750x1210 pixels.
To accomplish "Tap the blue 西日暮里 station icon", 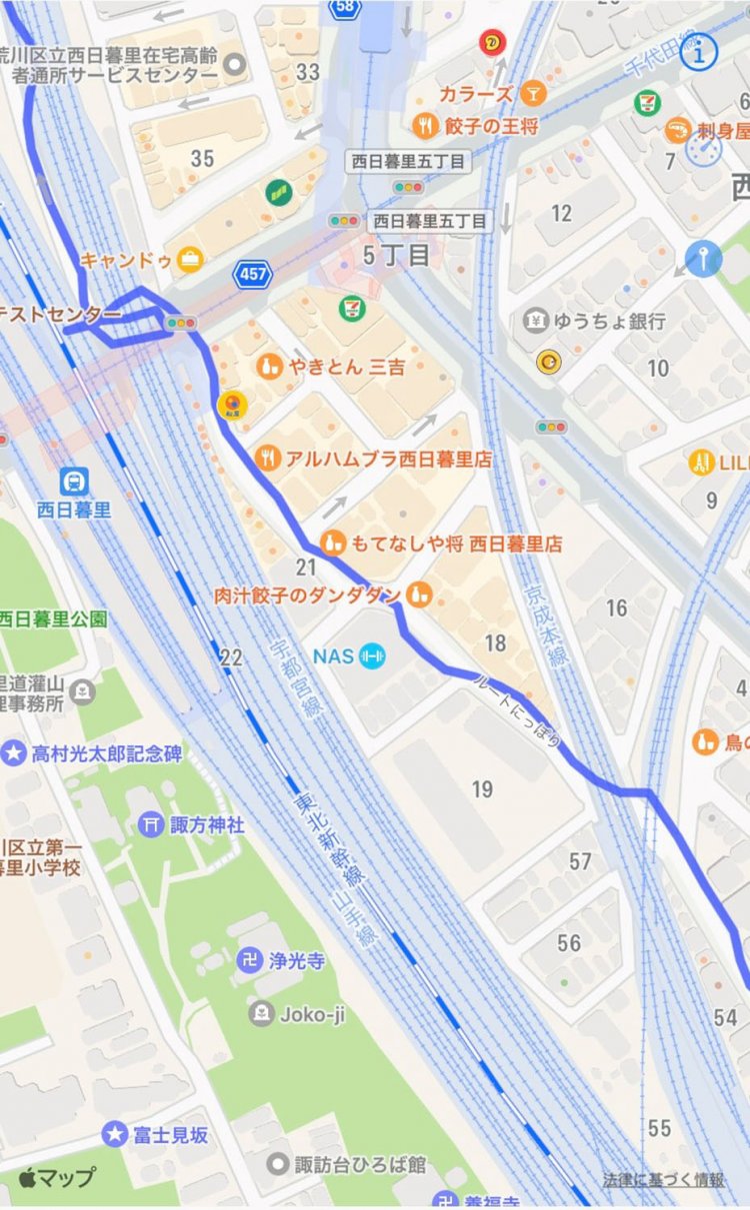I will coord(73,481).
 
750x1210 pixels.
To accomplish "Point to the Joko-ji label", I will coord(309,1014).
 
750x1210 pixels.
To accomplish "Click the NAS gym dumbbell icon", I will coord(372,656).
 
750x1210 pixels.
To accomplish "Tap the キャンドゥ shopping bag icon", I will coord(188,261).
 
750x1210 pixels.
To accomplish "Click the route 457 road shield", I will coord(251,273).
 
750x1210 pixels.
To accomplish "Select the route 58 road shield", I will coord(343,8).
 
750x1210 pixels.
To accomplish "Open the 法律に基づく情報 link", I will coord(663,1180).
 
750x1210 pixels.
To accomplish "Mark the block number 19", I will coord(482,789).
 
